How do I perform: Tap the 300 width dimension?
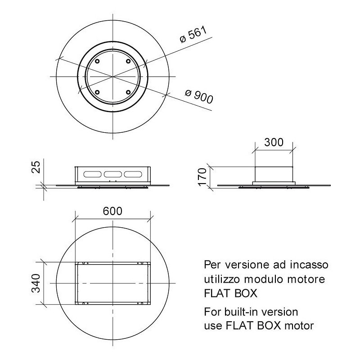pos(274,143)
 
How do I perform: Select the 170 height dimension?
pos(202,176)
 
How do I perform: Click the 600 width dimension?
pos(112,211)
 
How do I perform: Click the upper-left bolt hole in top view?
pos(96,61)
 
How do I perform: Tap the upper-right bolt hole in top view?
pos(128,61)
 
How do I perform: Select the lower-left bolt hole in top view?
pos(96,92)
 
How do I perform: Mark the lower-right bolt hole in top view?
pos(128,92)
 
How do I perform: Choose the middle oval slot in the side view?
pos(112,174)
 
